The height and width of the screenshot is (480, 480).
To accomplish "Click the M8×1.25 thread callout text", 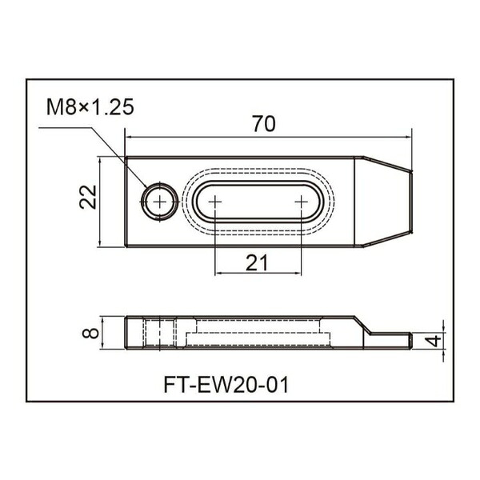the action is coord(90,107).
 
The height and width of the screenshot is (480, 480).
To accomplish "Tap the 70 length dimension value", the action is coord(264,124).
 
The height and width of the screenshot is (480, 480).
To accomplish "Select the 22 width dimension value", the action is coord(88,197).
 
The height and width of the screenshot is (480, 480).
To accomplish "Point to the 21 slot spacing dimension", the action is coord(257,262).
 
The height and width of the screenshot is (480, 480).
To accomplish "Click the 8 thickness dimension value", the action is coord(90,333).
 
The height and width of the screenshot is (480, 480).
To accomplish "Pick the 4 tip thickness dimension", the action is coord(434,341).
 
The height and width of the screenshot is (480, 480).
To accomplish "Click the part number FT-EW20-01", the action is coord(226,385).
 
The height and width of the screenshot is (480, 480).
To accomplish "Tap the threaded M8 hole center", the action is coord(160,202).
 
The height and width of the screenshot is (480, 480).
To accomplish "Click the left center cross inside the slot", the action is coord(215,202).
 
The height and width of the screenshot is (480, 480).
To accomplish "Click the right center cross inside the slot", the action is coord(302,202).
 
